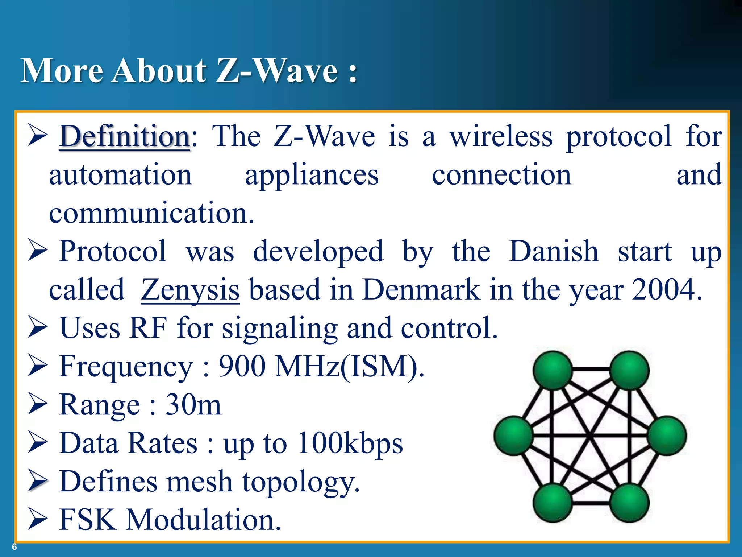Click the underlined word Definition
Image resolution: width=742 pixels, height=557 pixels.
(x=125, y=136)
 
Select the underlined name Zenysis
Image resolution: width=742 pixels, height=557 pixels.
(x=190, y=290)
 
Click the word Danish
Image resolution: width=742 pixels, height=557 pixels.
(x=554, y=251)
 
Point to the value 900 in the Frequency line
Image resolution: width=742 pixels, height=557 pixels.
(x=242, y=366)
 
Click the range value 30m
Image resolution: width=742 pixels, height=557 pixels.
(x=193, y=405)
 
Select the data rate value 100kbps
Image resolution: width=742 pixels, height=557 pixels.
(x=350, y=443)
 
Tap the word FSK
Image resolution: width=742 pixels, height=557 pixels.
(x=88, y=520)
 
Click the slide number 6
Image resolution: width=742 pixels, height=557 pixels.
(x=14, y=547)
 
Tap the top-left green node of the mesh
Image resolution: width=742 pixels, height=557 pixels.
(x=552, y=370)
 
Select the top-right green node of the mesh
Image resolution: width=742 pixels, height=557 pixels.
(x=629, y=370)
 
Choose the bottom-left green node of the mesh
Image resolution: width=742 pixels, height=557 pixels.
(x=552, y=503)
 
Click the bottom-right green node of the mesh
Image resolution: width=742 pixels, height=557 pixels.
(x=629, y=503)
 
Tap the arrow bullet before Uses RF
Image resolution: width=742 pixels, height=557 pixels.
(x=38, y=327)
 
